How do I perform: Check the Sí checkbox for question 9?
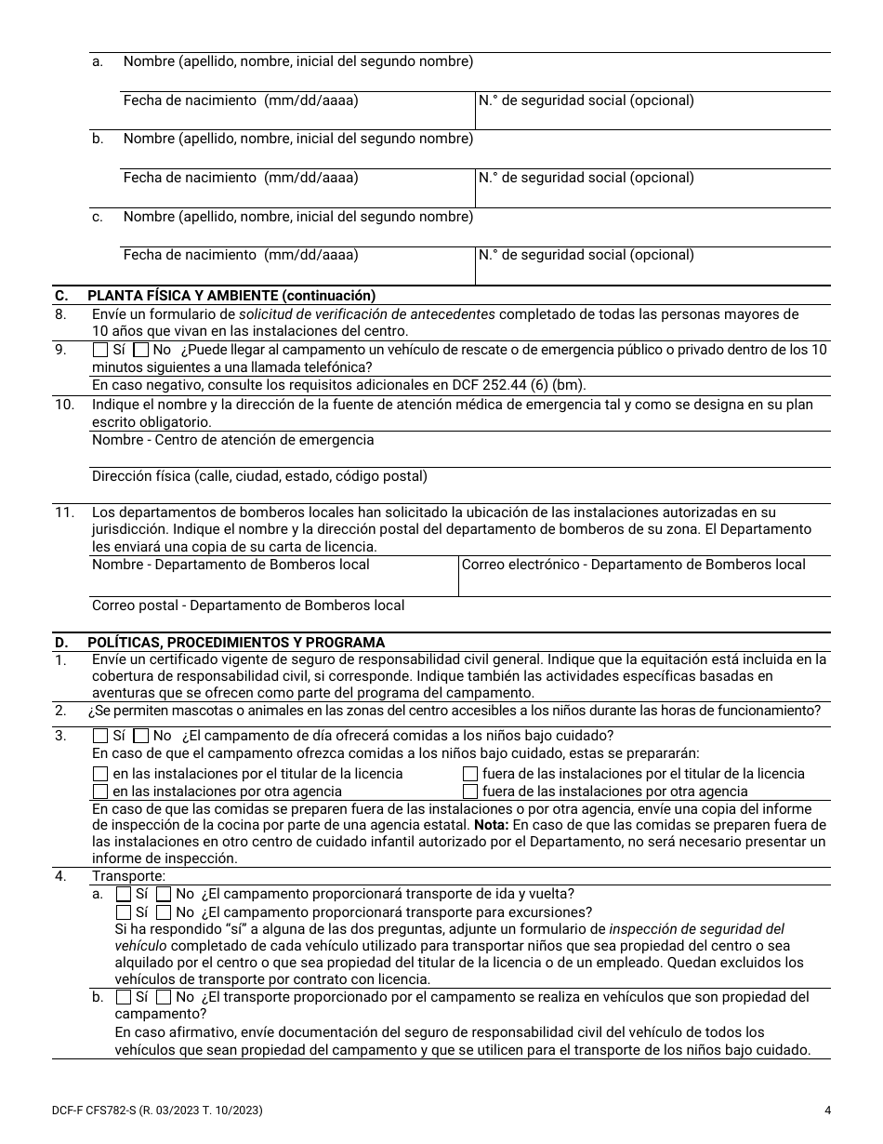coord(100,351)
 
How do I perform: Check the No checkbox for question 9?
coord(141,351)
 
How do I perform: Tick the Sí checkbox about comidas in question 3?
coord(100,737)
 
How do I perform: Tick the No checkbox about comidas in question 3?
coord(141,737)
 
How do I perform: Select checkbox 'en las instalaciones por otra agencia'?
coord(100,791)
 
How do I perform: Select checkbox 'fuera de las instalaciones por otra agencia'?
coord(470,791)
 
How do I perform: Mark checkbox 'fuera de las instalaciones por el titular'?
coord(470,774)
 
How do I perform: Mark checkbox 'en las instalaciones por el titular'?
coord(100,774)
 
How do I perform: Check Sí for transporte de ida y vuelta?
coord(124,895)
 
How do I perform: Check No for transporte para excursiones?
coord(164,912)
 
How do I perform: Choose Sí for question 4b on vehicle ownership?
coord(124,997)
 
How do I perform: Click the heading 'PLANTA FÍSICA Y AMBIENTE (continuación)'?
coord(231,296)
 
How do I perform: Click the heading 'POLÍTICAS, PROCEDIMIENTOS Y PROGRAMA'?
coord(236,643)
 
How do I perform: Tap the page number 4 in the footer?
coord(827,1110)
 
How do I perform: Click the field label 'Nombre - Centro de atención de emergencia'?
coord(232,440)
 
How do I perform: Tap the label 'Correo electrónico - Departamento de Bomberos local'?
coord(633,565)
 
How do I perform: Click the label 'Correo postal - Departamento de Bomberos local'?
coord(248,605)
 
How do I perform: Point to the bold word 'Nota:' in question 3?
coord(492,825)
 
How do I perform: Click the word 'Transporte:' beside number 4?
coord(128,876)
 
